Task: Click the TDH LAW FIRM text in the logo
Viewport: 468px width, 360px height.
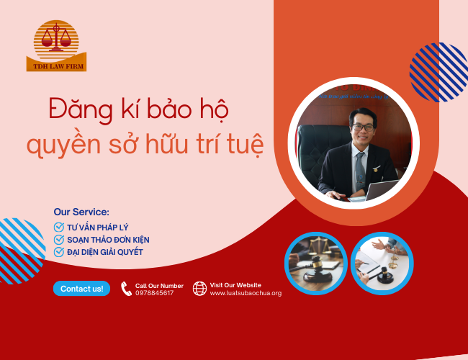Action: [56, 66]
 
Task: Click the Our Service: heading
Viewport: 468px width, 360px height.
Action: [81, 212]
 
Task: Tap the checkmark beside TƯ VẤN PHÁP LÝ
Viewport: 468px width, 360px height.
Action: [59, 227]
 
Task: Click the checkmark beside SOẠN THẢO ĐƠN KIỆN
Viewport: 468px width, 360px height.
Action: [59, 239]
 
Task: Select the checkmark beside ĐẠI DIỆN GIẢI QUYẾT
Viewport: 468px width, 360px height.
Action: [59, 251]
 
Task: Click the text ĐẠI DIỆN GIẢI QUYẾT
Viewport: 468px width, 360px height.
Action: [105, 251]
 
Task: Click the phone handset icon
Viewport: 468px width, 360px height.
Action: [126, 289]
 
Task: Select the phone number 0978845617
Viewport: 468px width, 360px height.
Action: [155, 293]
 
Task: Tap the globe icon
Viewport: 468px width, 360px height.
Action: [199, 289]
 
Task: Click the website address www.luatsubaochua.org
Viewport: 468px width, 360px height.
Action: [246, 293]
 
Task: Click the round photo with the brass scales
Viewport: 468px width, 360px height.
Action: [316, 263]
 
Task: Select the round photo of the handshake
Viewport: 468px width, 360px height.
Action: [382, 263]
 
